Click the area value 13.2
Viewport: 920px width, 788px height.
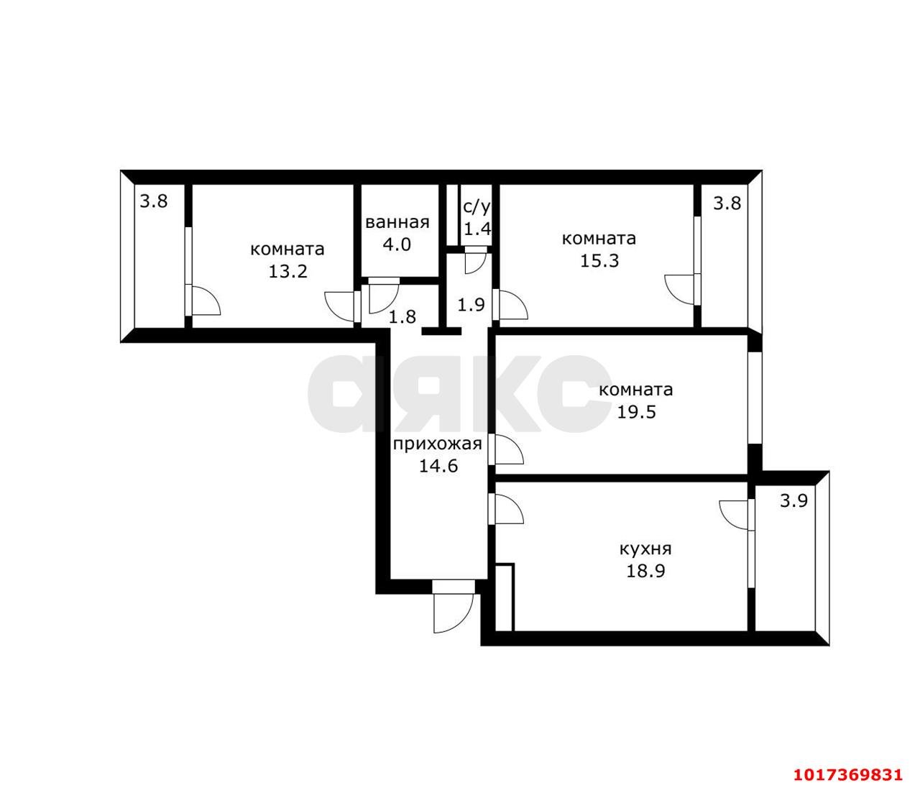(x=287, y=271)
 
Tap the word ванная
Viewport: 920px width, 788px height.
(x=397, y=222)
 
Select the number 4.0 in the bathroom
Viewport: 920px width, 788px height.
(x=397, y=244)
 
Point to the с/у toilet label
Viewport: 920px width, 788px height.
(x=477, y=207)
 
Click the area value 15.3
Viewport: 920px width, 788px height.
(x=599, y=260)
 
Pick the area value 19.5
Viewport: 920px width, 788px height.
(x=636, y=412)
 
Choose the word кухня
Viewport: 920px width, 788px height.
(x=645, y=549)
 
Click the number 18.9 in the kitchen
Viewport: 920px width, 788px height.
(x=645, y=571)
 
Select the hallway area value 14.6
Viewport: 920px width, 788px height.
(x=438, y=466)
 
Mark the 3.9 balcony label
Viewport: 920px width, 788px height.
(x=793, y=501)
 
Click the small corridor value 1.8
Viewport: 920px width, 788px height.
(x=402, y=316)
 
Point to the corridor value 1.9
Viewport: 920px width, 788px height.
(x=471, y=305)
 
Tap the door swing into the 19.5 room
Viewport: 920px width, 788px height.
(x=507, y=449)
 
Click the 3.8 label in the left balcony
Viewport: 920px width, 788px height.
(x=154, y=201)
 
